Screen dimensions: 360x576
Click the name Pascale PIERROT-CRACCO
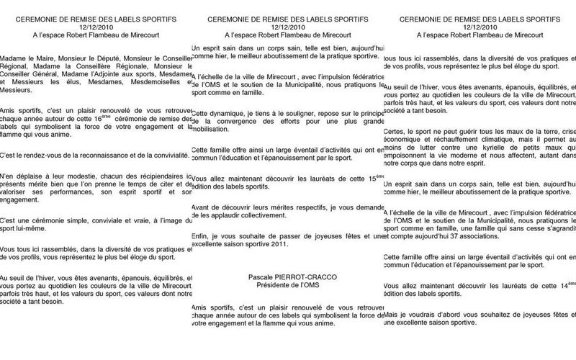[x=288, y=276]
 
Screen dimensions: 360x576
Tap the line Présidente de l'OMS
[x=288, y=284]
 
